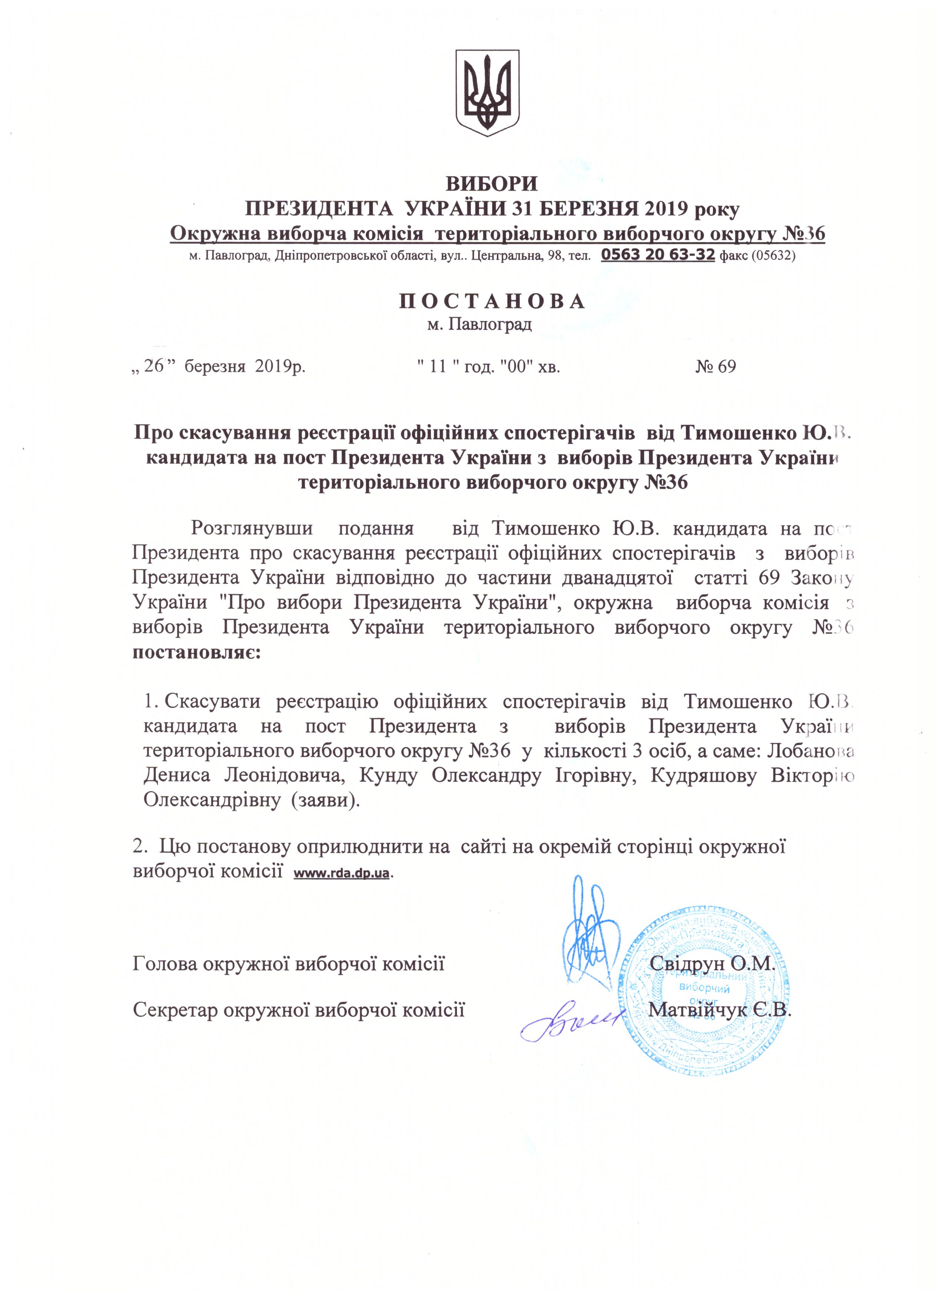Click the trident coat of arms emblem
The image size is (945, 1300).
pyautogui.click(x=487, y=93)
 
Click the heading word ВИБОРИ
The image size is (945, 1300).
pyautogui.click(x=492, y=184)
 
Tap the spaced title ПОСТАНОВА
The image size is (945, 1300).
pyautogui.click(x=492, y=301)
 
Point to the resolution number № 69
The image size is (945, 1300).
pyautogui.click(x=716, y=367)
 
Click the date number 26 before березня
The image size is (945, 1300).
pyautogui.click(x=154, y=366)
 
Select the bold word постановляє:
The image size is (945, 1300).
pyautogui.click(x=197, y=653)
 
